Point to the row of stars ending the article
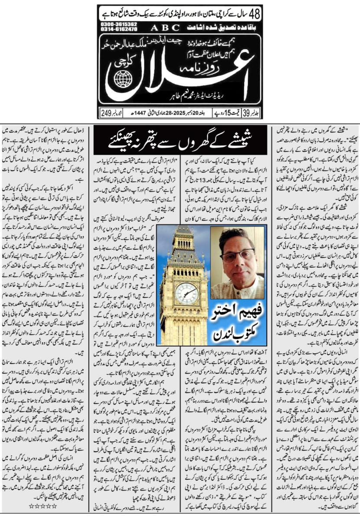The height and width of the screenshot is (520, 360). point(43,505)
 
